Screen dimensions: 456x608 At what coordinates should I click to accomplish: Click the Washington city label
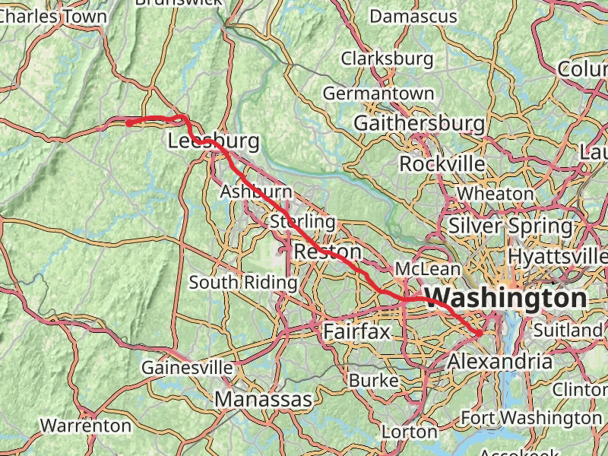[506, 297]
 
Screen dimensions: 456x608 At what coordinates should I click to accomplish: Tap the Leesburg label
[213, 141]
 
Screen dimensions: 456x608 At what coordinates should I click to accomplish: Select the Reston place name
[327, 252]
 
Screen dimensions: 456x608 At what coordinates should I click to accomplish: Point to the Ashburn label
[256, 192]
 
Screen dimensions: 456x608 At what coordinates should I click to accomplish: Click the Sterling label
[302, 222]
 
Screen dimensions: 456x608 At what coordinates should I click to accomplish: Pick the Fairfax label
[356, 331]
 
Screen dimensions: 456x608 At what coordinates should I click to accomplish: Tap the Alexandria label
[499, 362]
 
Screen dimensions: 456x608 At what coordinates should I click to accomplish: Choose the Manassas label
[263, 399]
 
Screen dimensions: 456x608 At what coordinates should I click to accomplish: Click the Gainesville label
[187, 368]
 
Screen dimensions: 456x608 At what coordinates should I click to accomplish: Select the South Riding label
[243, 283]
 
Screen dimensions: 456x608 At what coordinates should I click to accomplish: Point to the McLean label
[427, 269]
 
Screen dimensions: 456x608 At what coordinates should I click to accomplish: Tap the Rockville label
[442, 163]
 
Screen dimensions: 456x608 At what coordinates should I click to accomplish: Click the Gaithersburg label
[419, 122]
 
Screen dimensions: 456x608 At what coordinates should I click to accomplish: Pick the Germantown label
[378, 93]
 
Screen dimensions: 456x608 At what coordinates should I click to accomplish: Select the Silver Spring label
[510, 226]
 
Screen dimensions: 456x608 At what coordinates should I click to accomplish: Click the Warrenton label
[85, 425]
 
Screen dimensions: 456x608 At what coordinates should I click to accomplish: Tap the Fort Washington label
[531, 418]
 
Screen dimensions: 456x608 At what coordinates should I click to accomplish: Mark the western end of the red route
[128, 123]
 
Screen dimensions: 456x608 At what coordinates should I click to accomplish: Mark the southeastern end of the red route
[480, 333]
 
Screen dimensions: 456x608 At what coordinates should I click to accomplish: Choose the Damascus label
[413, 16]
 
